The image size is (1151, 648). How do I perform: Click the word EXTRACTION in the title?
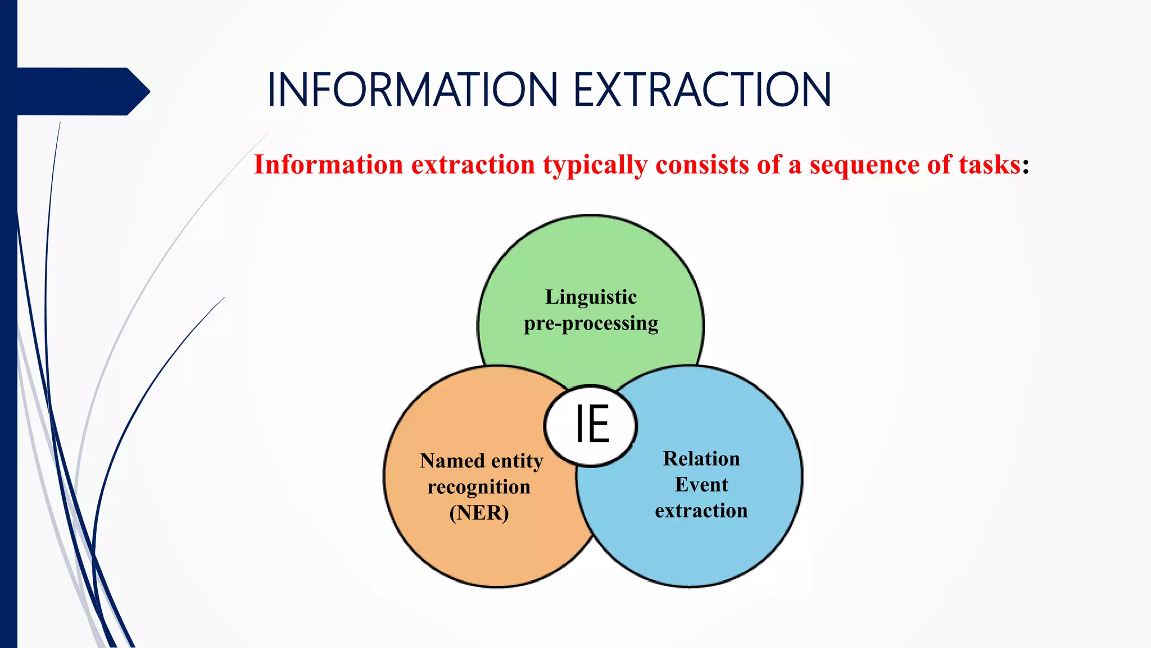tap(702, 90)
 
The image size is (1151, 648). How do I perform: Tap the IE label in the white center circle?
tap(592, 425)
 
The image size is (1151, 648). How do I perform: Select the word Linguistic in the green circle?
tap(591, 297)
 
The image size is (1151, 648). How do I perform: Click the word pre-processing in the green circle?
tap(591, 324)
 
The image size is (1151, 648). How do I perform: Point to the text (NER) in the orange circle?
tap(479, 512)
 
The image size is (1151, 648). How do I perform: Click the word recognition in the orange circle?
tap(479, 487)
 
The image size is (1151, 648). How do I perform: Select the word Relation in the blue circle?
tap(701, 458)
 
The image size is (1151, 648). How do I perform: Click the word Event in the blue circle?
tap(701, 484)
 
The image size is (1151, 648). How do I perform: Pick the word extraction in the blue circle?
tap(701, 510)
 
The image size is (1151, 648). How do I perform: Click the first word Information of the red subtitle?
tap(328, 165)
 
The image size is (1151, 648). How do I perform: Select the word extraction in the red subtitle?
tap(473, 165)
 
